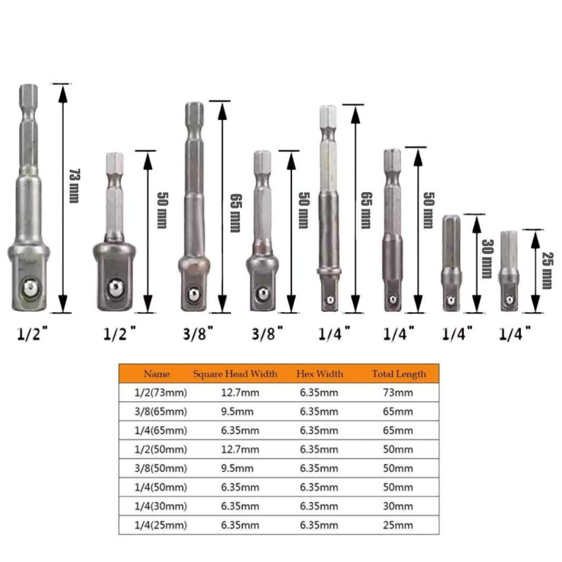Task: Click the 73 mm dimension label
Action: pyautogui.click(x=75, y=186)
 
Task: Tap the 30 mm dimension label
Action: pyautogui.click(x=487, y=258)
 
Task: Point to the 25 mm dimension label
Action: pyautogui.click(x=548, y=271)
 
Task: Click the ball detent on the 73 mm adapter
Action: pyautogui.click(x=30, y=288)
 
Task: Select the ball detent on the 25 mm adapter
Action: pyautogui.click(x=509, y=300)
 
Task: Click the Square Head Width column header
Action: pyautogui.click(x=235, y=374)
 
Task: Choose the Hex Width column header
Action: pyautogui.click(x=320, y=374)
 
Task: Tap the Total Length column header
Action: pyautogui.click(x=399, y=374)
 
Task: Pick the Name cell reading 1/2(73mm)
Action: pyautogui.click(x=161, y=393)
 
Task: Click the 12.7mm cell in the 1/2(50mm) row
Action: pyautogui.click(x=240, y=449)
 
